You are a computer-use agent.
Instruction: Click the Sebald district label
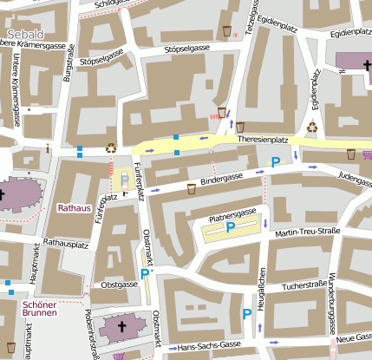29,34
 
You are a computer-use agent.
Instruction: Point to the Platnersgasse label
232,213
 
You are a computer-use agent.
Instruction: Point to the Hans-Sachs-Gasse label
207,346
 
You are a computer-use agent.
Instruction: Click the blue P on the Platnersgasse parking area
230,227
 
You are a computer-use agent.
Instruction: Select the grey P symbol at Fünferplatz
124,179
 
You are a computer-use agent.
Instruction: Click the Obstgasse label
120,285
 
